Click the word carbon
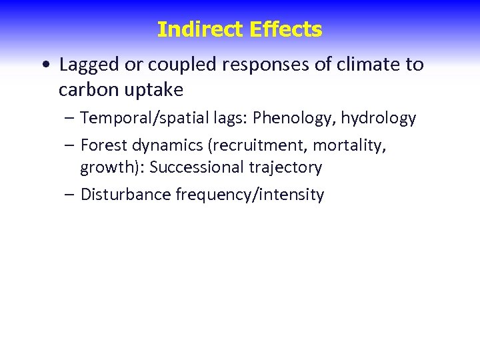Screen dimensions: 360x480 pyautogui.click(x=87, y=89)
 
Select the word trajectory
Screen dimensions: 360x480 pyautogui.click(x=290, y=167)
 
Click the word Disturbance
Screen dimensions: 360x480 pyautogui.click(x=125, y=195)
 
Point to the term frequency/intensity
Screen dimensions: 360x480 pyautogui.click(x=250, y=195)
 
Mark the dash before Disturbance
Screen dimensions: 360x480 pyautogui.click(x=70, y=195)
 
